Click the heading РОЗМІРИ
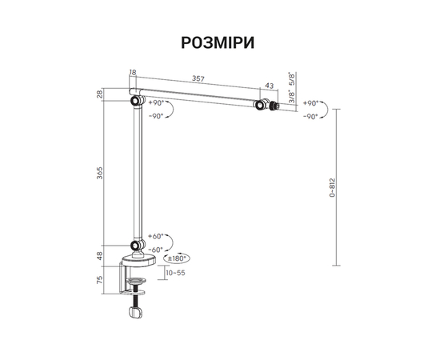pos(218,43)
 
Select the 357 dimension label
pos(198,79)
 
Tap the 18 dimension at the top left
pos(133,72)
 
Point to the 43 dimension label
pos(269,86)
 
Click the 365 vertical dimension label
pos(100,173)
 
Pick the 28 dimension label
pos(100,94)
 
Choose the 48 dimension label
pos(100,256)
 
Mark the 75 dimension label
pos(100,280)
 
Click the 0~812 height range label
pos(332,187)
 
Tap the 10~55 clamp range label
pos(176,273)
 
